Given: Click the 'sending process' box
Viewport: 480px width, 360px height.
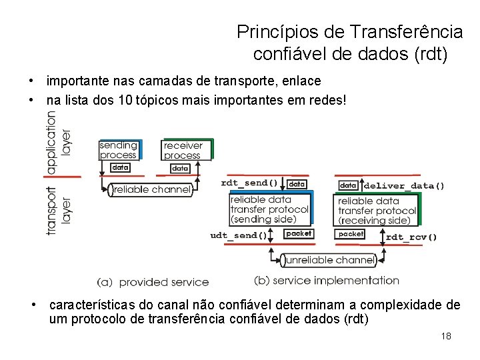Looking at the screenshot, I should pos(118,150).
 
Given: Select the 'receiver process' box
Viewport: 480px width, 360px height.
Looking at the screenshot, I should pos(183,150).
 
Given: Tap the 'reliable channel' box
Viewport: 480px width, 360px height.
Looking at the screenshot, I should pos(151,190).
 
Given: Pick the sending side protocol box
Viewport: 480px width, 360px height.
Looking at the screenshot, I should pos(269,209).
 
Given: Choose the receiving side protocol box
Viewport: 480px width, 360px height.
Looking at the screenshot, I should pos(377,211).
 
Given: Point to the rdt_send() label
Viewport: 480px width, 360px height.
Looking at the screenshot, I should pos(249,183).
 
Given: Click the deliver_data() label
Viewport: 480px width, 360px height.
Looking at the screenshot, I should pos(404,185).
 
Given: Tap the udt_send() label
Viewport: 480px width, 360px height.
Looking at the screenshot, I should pos(238,235).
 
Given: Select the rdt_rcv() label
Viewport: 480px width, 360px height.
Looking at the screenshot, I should pos(411,236).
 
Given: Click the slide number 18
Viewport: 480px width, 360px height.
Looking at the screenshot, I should pos(446,336).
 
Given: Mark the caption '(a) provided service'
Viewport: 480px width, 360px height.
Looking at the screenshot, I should pos(153,282).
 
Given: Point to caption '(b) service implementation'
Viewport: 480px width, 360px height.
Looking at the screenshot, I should pos(327,281).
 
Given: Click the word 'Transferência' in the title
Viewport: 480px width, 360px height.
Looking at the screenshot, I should pos(406,31).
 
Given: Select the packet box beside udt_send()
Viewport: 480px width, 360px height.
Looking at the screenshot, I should pos(298,233).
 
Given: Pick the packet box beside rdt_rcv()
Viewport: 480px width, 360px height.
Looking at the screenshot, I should pos(351,234).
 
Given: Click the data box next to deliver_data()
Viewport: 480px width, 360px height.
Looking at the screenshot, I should pos(348,185).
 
